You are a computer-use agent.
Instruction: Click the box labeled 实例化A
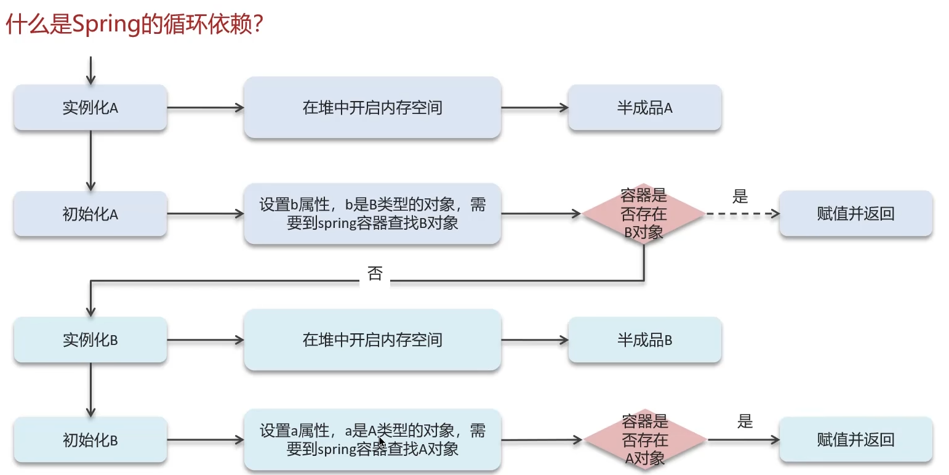[x=90, y=108]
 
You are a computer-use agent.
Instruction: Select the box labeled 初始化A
[x=90, y=214]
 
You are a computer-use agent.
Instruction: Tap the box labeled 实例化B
[x=90, y=339]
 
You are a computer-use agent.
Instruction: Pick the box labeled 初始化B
[x=90, y=440]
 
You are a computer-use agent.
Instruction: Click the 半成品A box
[x=644, y=108]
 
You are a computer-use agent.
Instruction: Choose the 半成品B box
[x=644, y=339]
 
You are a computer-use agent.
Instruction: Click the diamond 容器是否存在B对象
[x=644, y=214]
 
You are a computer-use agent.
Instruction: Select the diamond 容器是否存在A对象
[x=645, y=440]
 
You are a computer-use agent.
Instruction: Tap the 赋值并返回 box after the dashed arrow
[x=855, y=214]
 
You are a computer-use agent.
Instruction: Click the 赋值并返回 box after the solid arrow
[x=855, y=440]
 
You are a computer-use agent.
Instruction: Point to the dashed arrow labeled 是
[x=742, y=214]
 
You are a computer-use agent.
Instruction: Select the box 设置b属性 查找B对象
[x=372, y=214]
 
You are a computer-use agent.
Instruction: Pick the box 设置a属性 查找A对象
[x=372, y=440]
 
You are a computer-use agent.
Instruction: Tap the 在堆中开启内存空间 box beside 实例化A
[x=372, y=108]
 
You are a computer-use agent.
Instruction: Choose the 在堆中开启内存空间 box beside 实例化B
[x=372, y=339]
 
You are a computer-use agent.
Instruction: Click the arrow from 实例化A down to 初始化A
[x=91, y=160]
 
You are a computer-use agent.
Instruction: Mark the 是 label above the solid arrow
[x=745, y=422]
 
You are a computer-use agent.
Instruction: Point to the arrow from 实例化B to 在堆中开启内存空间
[x=205, y=339]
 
